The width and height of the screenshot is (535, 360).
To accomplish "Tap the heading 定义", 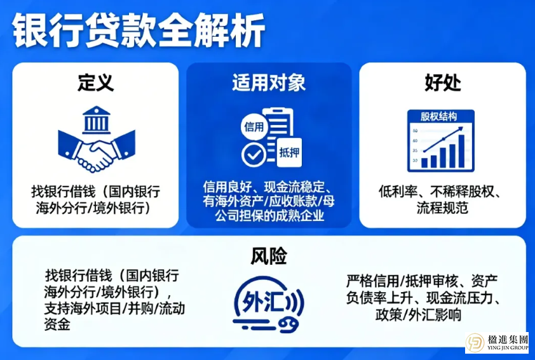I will pos(96,83).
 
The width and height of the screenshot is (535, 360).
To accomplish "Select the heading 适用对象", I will pos(268,83).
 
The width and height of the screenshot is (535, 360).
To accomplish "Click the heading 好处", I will pos(442,83).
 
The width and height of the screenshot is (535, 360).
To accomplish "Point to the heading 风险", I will pos(268,256).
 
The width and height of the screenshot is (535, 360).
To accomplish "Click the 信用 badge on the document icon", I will pos(253,126).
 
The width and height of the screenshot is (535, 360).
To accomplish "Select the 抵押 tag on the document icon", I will pos(288,152).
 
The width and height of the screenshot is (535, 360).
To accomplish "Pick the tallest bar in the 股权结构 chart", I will pos(461,152).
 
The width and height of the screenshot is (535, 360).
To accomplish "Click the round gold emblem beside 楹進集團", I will pos(477,343).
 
